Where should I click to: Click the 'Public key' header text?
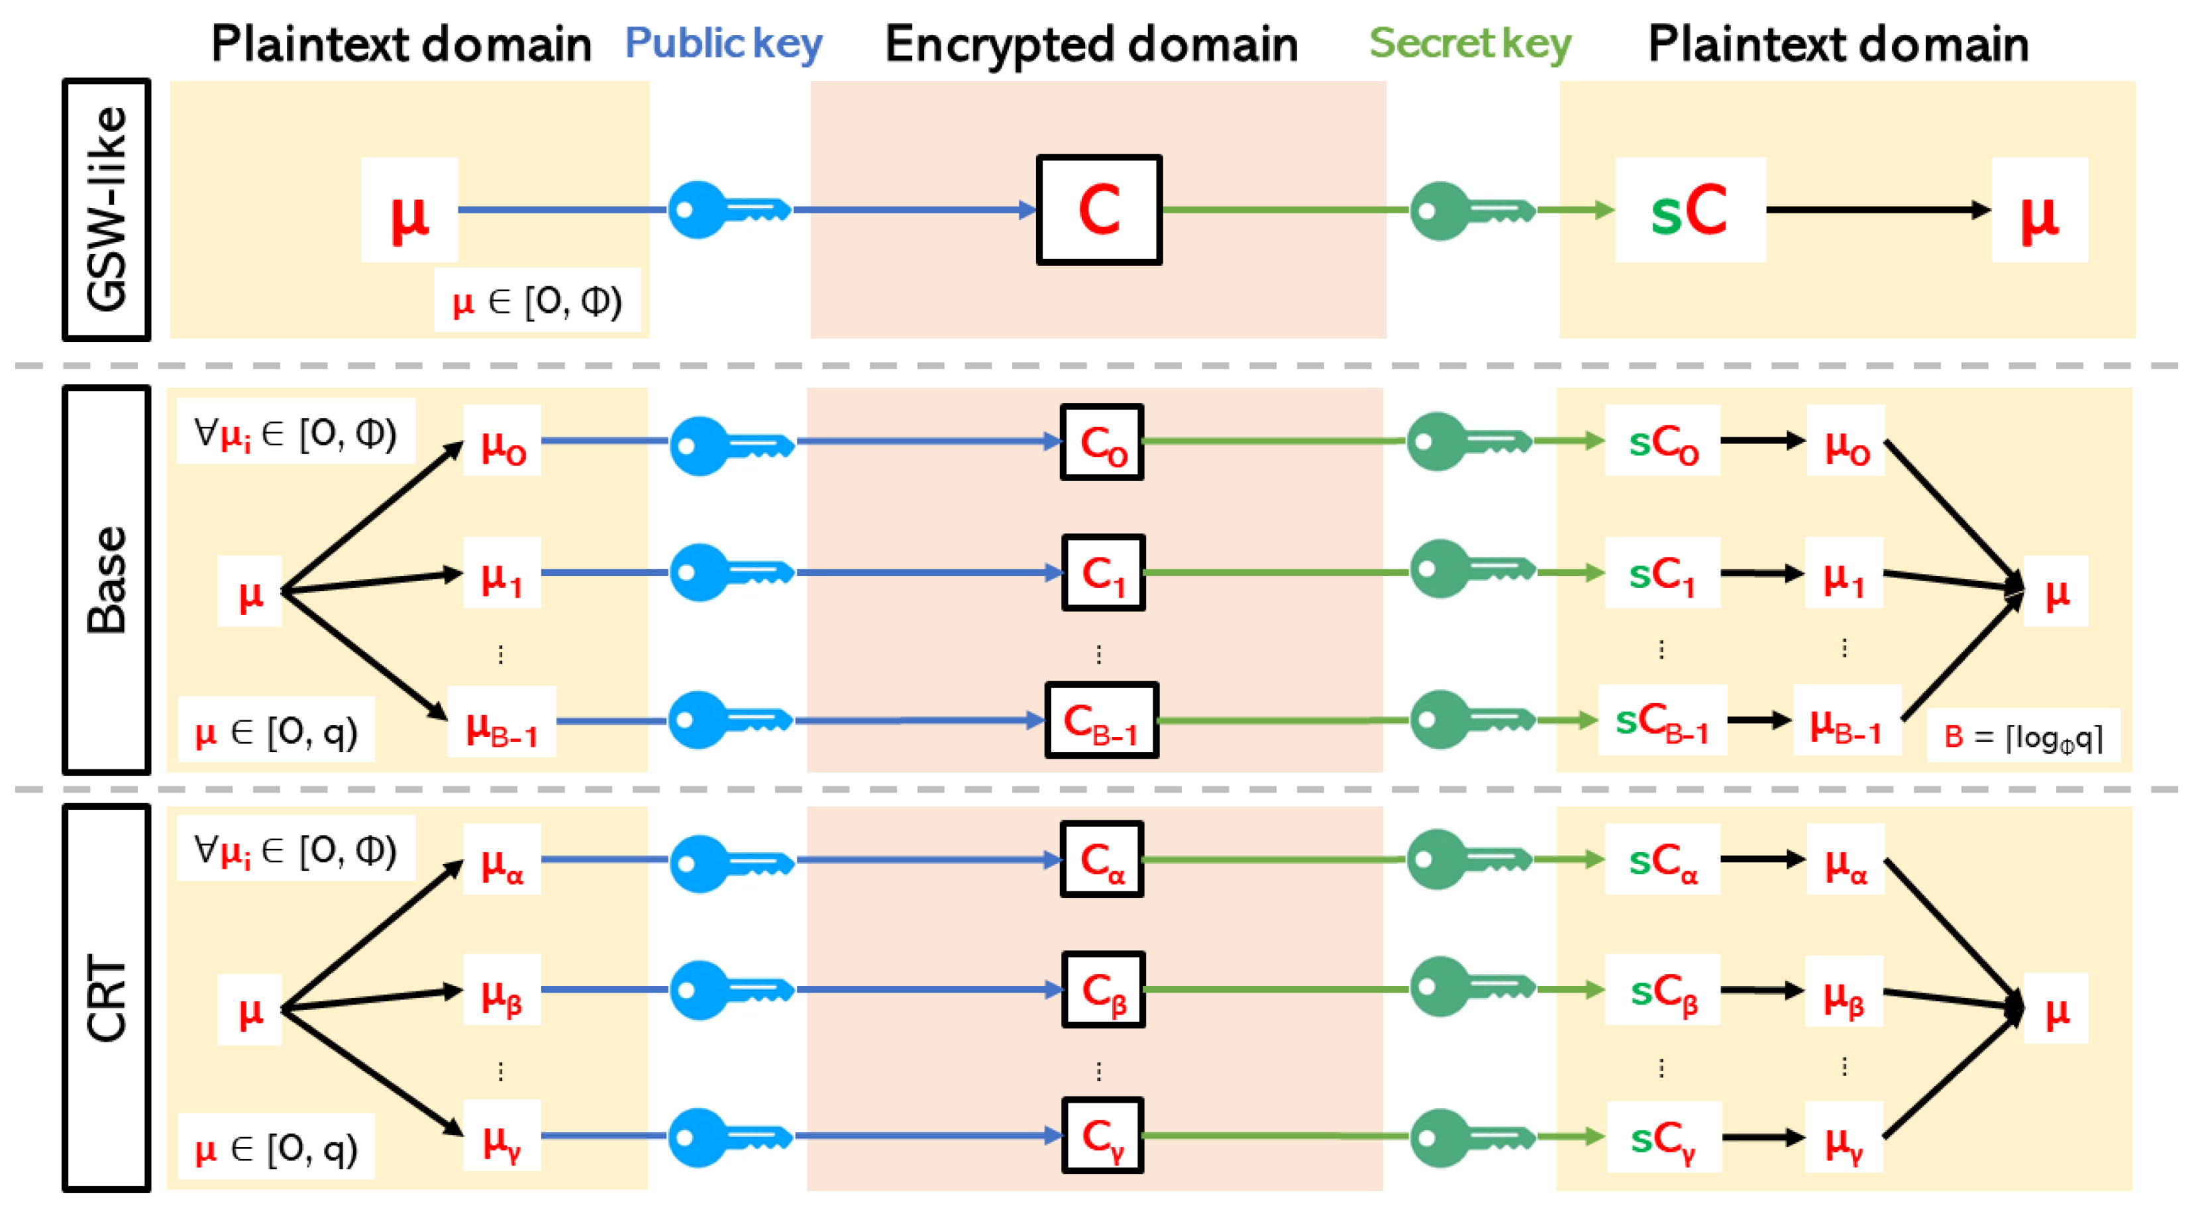coord(723,44)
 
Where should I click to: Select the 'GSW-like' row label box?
coord(106,210)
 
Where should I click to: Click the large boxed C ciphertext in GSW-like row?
coord(1099,210)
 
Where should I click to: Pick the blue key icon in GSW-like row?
coord(729,210)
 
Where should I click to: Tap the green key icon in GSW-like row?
coord(1471,210)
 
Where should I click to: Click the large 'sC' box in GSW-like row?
coord(1690,210)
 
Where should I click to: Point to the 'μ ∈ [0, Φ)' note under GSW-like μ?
coord(537,300)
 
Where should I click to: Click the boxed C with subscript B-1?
coord(1102,720)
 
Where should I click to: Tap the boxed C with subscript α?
coord(1102,859)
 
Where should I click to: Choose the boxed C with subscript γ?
coord(1102,1136)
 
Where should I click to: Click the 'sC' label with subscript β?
coord(1662,991)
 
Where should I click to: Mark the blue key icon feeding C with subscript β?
coord(731,989)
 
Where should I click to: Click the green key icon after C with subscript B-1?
coord(1471,720)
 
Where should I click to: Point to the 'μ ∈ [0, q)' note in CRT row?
coord(276,1148)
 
